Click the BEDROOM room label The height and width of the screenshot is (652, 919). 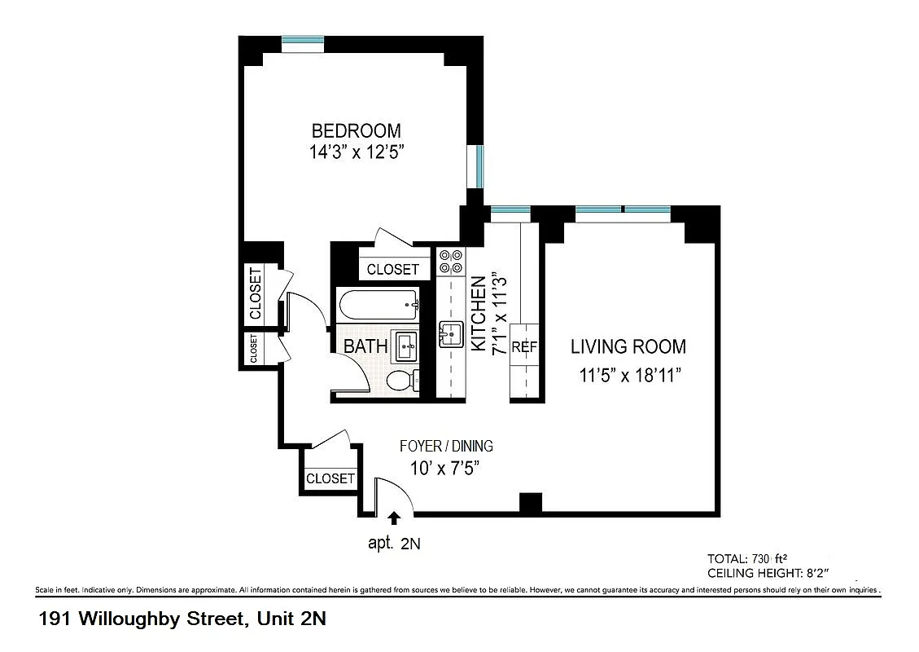point(356,130)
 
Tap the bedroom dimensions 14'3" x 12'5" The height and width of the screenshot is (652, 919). point(356,152)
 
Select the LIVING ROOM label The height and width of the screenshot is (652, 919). point(628,346)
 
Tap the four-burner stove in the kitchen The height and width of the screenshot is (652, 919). point(450,261)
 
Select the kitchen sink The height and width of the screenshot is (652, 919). point(450,334)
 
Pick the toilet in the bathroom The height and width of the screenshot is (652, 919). point(401,381)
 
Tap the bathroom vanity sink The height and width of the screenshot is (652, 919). point(405,346)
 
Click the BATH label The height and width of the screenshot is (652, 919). point(365,346)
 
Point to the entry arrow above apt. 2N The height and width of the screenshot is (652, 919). point(395,518)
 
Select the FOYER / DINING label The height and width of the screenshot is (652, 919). point(446,446)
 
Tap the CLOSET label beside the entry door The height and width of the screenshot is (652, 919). point(330,478)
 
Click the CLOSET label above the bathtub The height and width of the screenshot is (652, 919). point(392,269)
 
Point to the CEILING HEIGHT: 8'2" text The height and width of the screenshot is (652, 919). point(768,574)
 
